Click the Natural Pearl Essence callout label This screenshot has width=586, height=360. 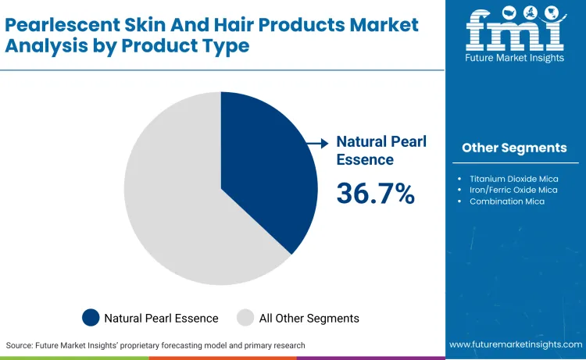pos(373,151)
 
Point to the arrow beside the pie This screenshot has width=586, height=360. pos(317,143)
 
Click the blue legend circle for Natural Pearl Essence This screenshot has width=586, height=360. pos(91,318)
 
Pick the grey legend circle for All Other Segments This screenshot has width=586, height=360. pos(246,318)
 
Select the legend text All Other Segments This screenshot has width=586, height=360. pos(309,318)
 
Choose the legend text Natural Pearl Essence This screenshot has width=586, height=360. pos(162,318)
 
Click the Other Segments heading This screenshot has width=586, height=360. pos(514,148)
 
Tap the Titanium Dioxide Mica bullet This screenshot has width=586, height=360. pos(513,179)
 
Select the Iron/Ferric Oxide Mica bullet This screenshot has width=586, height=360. pos(513,190)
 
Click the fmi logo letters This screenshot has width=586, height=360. pos(514,29)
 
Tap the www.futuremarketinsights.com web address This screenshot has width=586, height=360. pos(514,344)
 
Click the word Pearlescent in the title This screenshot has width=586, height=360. pos(54,25)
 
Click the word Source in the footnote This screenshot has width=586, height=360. pos(20,344)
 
